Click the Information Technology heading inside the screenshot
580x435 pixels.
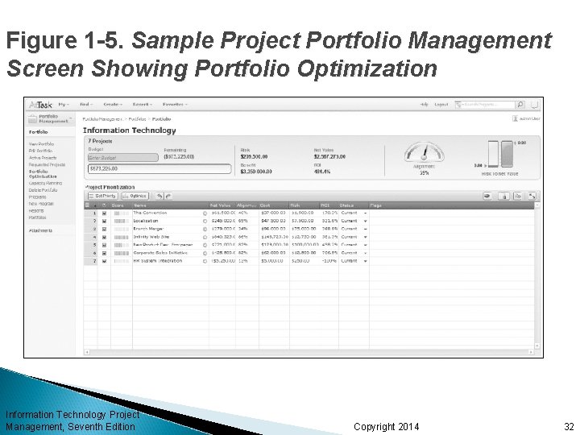[129, 130]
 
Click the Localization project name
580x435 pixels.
[147, 220]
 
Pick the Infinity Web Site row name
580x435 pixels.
[151, 237]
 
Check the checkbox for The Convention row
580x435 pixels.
[104, 213]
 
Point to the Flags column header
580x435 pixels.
[376, 205]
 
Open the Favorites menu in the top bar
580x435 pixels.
[175, 104]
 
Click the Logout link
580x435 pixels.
[441, 104]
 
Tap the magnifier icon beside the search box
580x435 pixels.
[521, 104]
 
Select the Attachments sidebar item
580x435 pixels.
[41, 230]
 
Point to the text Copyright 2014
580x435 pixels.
[387, 426]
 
